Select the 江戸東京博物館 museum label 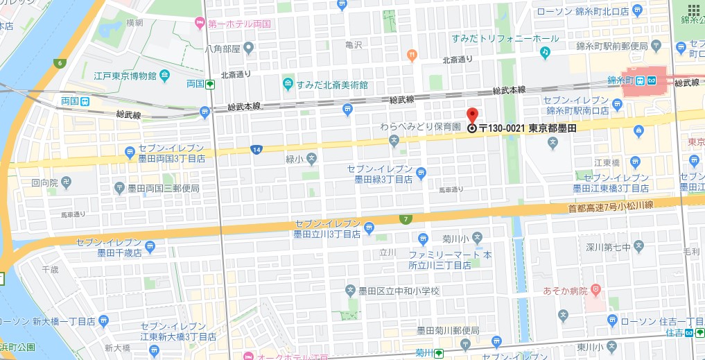click(x=125, y=75)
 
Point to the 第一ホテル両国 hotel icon click(x=200, y=24)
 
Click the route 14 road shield click(x=257, y=149)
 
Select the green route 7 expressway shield click(x=405, y=220)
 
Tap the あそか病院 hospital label click(x=565, y=289)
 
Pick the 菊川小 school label click(x=458, y=237)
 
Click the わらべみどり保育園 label click(x=421, y=128)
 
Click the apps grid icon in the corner click(x=693, y=10)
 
